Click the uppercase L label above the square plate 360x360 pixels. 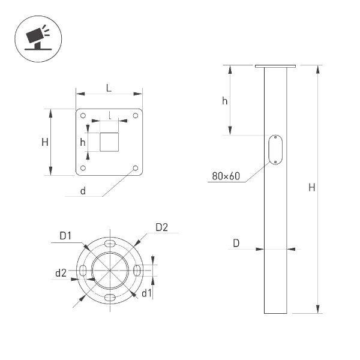click(x=109, y=88)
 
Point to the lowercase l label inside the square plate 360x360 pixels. click(x=110, y=114)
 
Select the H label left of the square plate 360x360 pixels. click(x=45, y=142)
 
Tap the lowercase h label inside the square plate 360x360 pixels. click(x=83, y=142)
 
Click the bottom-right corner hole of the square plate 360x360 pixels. click(x=136, y=168)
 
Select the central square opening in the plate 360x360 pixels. click(x=109, y=142)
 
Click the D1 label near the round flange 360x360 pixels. click(x=65, y=235)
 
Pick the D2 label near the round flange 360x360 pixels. click(x=161, y=227)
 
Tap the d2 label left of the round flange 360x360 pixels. click(x=61, y=273)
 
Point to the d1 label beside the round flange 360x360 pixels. click(x=147, y=293)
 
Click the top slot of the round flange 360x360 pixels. click(x=110, y=244)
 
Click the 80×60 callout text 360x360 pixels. click(x=226, y=176)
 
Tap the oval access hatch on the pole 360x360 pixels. click(x=275, y=149)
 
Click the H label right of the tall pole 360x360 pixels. click(x=311, y=188)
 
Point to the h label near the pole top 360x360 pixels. click(x=224, y=101)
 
